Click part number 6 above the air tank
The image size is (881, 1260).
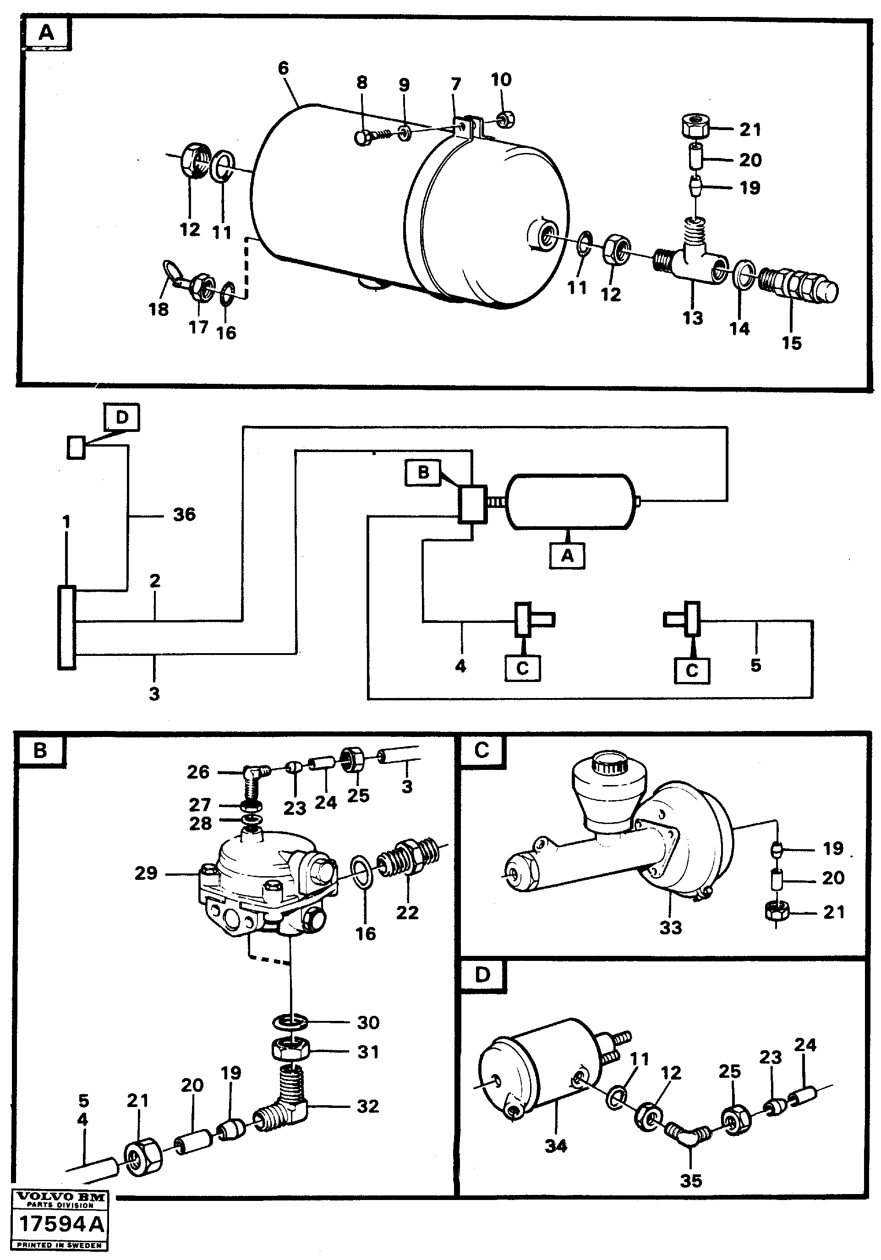point(283,69)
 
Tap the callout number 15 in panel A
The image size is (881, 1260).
point(791,343)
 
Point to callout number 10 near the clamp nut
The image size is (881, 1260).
point(501,80)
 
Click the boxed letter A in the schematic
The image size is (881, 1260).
point(567,556)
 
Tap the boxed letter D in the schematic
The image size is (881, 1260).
point(122,417)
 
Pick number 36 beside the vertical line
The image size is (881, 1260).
point(184,514)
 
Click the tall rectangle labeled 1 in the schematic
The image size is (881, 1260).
point(66,627)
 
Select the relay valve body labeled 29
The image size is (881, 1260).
point(263,884)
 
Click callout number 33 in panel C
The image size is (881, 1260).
point(670,927)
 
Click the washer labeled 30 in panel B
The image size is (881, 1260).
point(291,1022)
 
